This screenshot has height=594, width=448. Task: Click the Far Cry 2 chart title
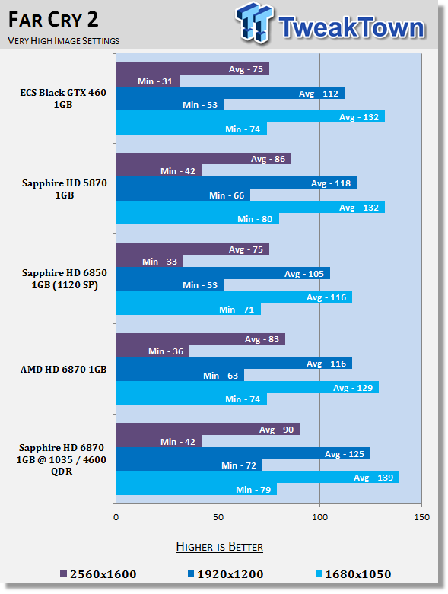tap(53, 20)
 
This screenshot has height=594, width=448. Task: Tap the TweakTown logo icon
tap(254, 23)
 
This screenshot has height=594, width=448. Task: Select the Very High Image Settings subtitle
tap(64, 41)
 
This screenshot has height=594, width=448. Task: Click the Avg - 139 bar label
tap(373, 478)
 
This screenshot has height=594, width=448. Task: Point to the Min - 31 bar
tap(148, 81)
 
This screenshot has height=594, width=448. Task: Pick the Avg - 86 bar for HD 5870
tap(204, 159)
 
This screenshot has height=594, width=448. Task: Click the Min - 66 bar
tap(183, 195)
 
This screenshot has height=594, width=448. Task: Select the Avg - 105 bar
tap(223, 273)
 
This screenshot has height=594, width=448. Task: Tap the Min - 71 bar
tap(189, 309)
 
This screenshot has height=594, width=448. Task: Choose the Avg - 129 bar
tap(247, 387)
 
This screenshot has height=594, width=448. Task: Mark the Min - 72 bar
tap(189, 465)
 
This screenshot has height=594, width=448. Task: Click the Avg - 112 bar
tap(230, 94)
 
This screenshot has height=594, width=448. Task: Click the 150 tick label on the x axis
tap(422, 517)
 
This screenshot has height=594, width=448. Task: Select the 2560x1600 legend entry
tap(98, 574)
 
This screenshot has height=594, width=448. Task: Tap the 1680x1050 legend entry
tap(354, 574)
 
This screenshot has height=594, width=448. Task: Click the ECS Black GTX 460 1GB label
tap(63, 99)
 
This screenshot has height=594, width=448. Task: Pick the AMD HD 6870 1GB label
tap(64, 370)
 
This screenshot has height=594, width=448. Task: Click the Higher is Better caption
tap(220, 547)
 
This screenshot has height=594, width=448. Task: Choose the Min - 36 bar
tap(153, 351)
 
